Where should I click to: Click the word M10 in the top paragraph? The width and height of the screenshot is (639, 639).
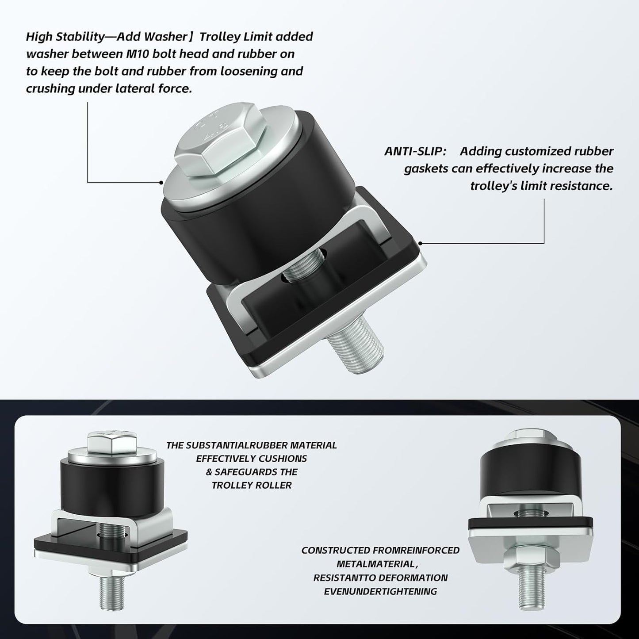click(x=138, y=54)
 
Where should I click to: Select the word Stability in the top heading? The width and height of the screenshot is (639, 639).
click(x=80, y=36)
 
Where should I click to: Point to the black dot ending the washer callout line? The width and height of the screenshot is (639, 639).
click(x=161, y=182)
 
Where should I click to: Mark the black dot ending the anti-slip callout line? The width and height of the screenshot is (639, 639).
click(x=421, y=243)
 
